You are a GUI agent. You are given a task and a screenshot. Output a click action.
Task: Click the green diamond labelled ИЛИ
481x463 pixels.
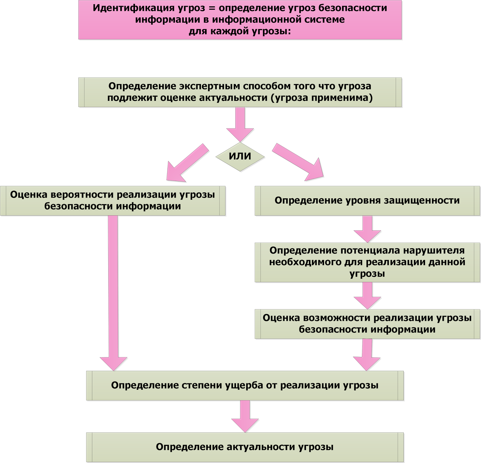coord(240,156)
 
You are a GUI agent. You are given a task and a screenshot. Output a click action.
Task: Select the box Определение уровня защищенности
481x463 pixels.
coord(367,201)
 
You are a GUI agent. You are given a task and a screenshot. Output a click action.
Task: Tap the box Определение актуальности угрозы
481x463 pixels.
coord(245,447)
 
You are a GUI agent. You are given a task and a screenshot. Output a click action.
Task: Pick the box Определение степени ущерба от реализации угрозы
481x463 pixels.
coord(245,385)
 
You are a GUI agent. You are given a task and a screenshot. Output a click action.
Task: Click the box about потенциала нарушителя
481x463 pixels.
coord(367,262)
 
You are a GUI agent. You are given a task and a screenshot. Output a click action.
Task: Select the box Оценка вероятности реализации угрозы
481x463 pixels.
coord(112,201)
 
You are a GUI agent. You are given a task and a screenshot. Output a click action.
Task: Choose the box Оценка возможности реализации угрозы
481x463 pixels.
coord(367,324)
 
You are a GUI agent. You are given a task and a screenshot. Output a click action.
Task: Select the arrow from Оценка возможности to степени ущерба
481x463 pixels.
coord(367,354)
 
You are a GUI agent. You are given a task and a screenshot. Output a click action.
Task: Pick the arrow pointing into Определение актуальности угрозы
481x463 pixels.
coord(245,416)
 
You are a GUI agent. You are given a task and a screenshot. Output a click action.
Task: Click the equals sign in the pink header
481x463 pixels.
coord(212,8)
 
